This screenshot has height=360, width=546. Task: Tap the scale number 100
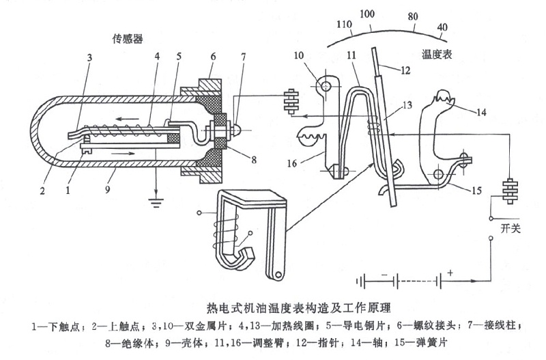click(367, 13)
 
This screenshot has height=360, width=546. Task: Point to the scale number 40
click(442, 28)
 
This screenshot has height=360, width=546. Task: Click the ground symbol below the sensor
click(156, 199)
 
